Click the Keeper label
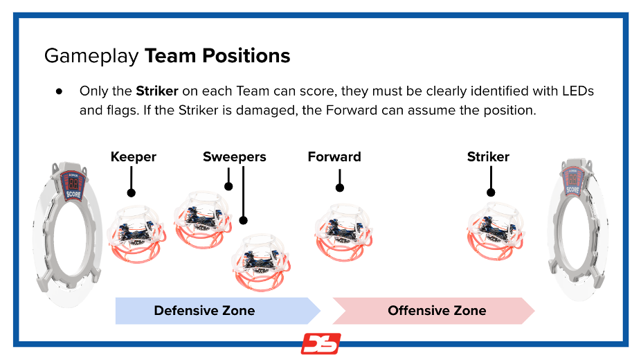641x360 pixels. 134,157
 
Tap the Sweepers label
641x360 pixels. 234,157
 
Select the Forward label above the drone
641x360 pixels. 334,156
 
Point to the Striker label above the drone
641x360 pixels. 488,156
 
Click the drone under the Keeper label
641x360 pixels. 136,234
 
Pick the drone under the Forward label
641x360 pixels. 343,233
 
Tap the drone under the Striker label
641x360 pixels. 495,231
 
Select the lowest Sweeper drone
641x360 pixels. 261,263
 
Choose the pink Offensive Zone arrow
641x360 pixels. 434,311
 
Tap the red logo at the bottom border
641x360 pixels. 321,343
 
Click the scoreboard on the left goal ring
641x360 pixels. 73,186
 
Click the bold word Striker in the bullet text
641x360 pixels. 157,91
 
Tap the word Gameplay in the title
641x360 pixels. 91,56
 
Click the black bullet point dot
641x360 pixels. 60,91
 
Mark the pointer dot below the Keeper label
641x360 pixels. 132,193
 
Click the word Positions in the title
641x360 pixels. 246,55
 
